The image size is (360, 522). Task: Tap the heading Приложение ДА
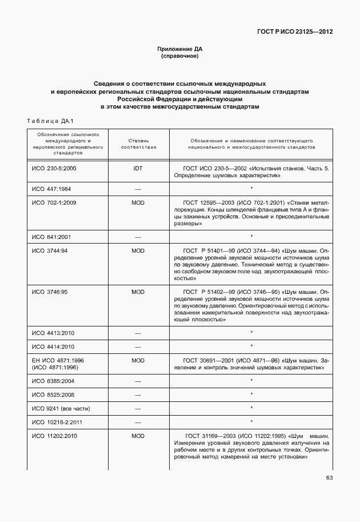click(x=179, y=49)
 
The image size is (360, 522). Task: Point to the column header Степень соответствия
click(x=138, y=144)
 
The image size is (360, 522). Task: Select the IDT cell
click(x=138, y=169)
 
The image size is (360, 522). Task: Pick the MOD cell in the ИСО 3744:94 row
click(x=138, y=250)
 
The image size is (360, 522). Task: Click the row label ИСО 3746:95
click(x=50, y=292)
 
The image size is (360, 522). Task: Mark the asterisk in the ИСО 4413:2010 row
click(x=251, y=333)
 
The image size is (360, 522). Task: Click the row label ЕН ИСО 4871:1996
click(x=58, y=361)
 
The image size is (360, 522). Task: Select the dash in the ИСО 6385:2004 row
click(x=138, y=381)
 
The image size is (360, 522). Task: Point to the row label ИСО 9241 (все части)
click(x=61, y=409)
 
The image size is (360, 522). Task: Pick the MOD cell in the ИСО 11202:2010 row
click(x=138, y=436)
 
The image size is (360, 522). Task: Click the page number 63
click(x=329, y=478)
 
